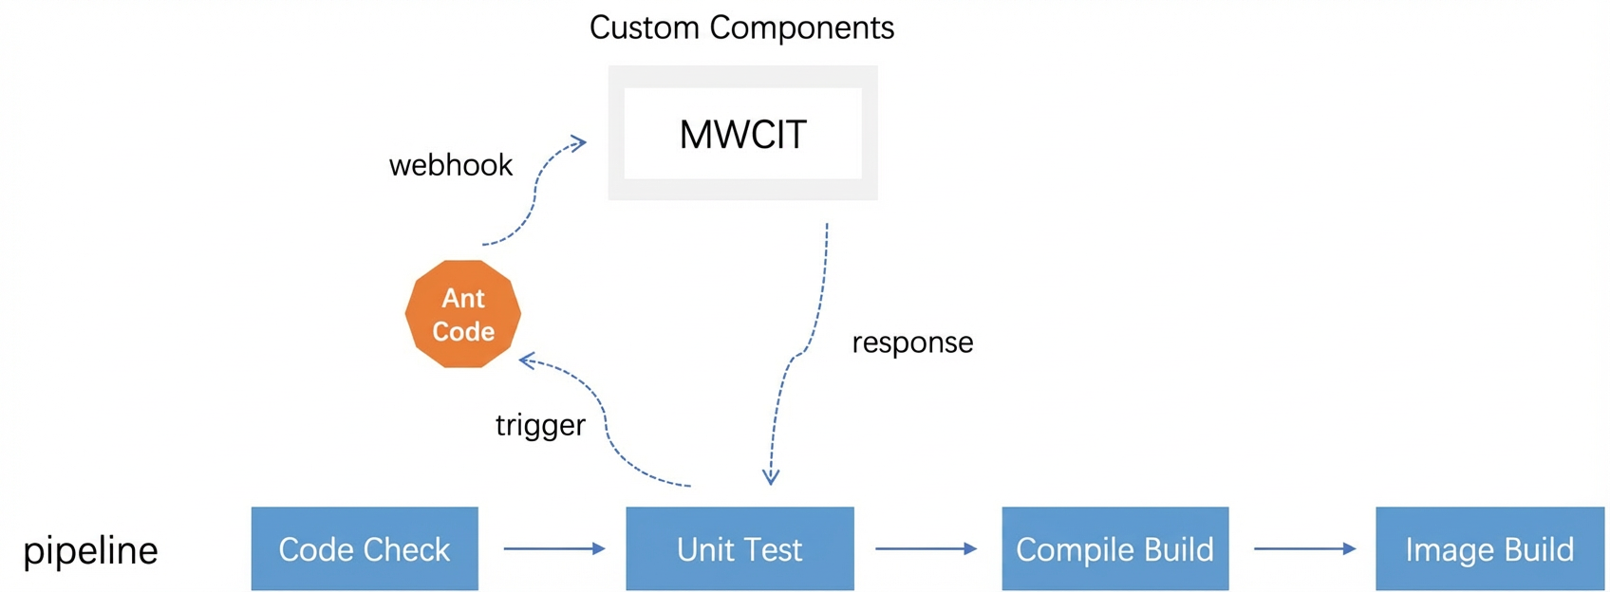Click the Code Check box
365,548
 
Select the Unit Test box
739,548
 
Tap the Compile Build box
1114,548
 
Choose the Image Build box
1490,548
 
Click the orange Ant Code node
463,314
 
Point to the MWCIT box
742,133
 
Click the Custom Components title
741,28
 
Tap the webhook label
451,165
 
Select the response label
912,343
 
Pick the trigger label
540,425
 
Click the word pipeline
90,551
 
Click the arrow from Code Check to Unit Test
554,549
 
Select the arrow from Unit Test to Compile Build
926,549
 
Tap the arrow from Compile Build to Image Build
1304,549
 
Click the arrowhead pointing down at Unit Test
771,476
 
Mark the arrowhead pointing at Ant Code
528,360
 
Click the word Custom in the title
644,28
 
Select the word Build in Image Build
1539,549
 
